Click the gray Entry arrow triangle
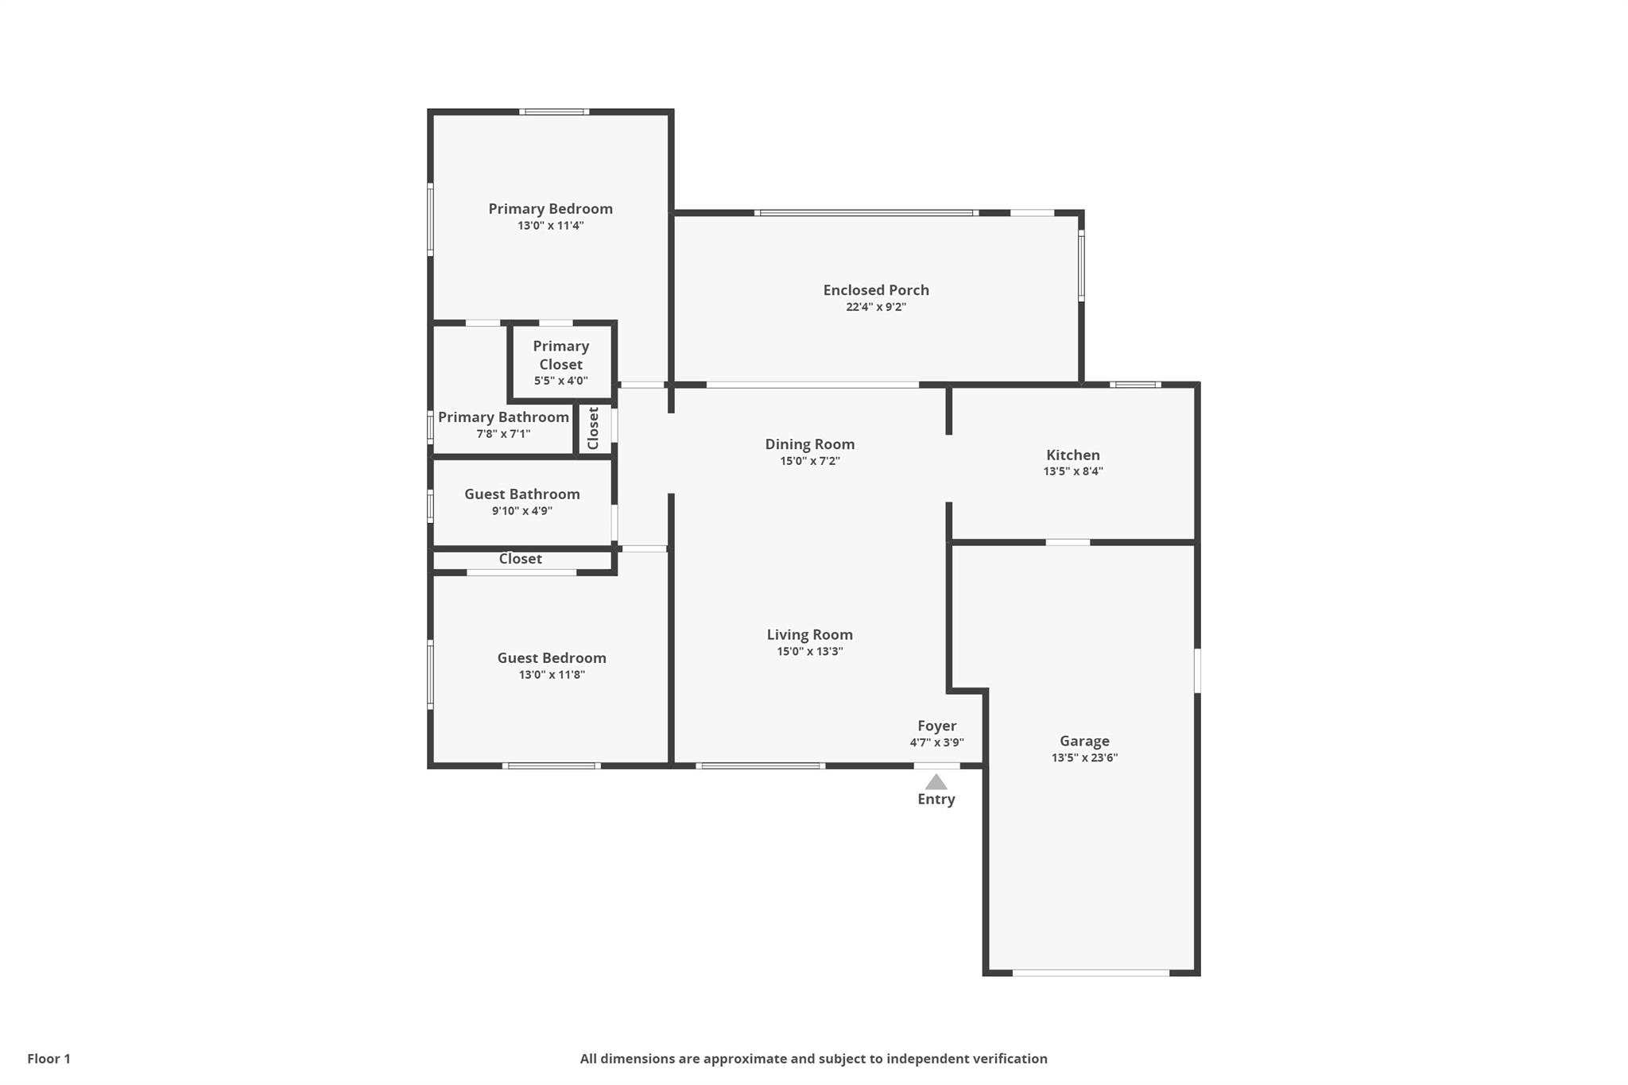tap(936, 782)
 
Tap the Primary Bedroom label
tap(550, 209)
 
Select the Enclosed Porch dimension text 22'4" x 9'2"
tap(876, 307)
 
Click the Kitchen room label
tap(1073, 455)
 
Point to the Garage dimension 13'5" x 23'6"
tap(1084, 758)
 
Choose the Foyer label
tap(936, 726)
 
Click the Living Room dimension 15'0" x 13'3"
tap(810, 652)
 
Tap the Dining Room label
tap(810, 444)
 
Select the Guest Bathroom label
tap(522, 494)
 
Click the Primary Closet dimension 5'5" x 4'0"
tap(561, 381)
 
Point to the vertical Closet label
tap(593, 428)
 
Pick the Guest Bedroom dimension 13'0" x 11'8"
tap(552, 675)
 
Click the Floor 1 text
tap(48, 1059)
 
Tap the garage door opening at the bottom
tap(1091, 972)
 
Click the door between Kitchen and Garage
tap(1068, 542)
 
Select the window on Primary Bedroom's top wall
tap(554, 112)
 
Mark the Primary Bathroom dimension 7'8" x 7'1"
tap(503, 434)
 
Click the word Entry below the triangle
tap(936, 799)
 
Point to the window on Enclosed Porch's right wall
tap(1081, 265)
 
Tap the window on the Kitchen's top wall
tap(1135, 385)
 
